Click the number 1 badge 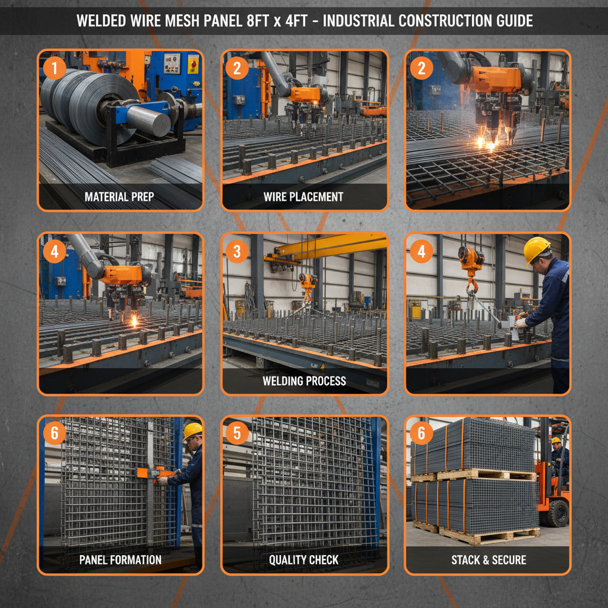55,68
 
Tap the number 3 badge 237,251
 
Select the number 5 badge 237,433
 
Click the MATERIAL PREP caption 119,197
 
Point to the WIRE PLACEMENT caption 303,197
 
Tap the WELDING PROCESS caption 304,381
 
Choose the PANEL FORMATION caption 120,559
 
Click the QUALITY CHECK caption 303,559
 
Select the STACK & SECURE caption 489,559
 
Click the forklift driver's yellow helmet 556,441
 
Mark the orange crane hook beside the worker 471,268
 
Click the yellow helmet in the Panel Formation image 192,430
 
